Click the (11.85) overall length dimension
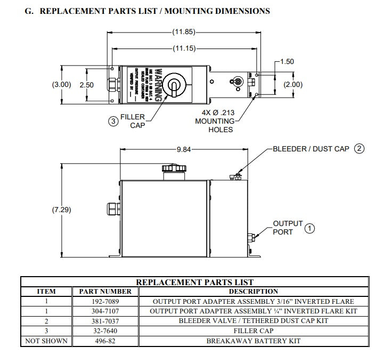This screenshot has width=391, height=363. point(184,32)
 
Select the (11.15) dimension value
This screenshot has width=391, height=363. point(184,49)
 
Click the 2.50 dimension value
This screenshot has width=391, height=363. point(87,85)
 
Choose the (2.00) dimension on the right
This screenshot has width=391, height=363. point(292,85)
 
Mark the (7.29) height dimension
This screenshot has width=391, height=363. point(61,210)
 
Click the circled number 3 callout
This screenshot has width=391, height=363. point(113,121)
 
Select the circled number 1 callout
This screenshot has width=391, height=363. point(309,229)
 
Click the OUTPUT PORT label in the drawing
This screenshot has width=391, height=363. point(287,228)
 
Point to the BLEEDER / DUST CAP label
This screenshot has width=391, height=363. point(311,149)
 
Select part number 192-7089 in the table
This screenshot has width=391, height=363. point(105,301)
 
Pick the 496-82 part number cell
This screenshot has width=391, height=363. point(105,341)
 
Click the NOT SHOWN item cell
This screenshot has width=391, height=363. point(46,341)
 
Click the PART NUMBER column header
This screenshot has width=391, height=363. point(105,292)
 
